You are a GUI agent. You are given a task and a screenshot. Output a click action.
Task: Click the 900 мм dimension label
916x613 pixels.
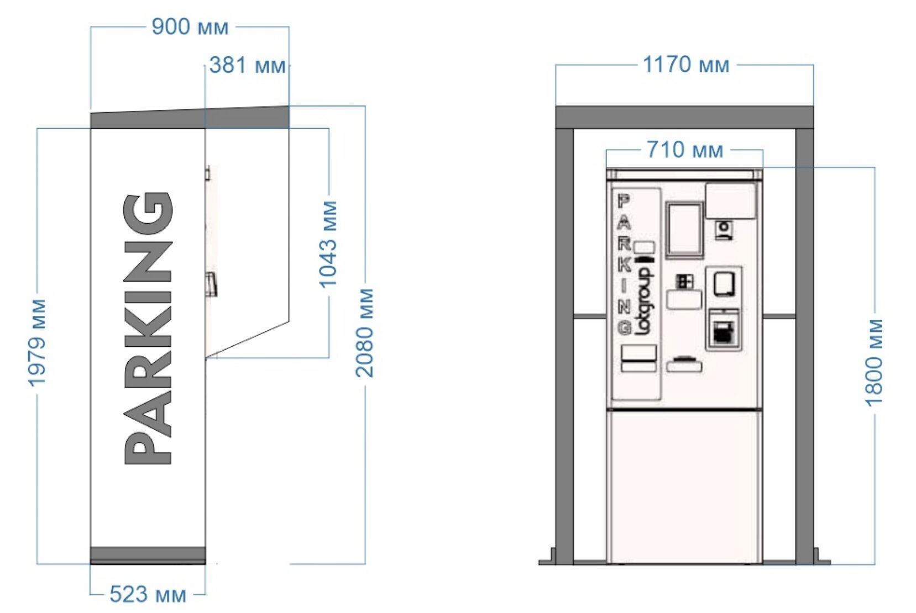(x=190, y=27)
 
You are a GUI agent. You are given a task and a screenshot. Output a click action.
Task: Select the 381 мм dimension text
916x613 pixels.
(x=248, y=65)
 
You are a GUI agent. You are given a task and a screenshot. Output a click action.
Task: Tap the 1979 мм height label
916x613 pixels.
(x=37, y=343)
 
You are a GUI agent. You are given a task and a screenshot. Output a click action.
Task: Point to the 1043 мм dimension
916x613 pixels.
(x=328, y=245)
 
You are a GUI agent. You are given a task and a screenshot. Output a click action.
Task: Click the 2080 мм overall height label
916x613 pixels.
(x=364, y=333)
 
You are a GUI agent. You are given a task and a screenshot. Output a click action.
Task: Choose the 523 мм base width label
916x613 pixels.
(x=148, y=595)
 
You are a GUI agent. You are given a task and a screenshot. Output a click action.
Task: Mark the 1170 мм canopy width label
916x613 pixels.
(x=686, y=65)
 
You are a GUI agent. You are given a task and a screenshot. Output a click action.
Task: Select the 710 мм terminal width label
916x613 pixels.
(x=685, y=150)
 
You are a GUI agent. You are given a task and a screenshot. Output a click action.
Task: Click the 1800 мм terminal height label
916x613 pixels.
(x=875, y=363)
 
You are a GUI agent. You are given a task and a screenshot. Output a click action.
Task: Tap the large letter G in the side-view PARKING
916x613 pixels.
(x=148, y=213)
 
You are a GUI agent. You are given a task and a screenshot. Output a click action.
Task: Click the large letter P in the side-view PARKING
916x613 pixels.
(x=148, y=448)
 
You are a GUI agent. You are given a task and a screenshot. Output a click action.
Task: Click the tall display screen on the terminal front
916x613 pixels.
(x=684, y=230)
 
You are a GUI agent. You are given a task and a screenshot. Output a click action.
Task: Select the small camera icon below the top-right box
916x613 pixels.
(x=724, y=230)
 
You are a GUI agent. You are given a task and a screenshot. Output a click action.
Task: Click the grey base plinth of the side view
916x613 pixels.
(x=148, y=556)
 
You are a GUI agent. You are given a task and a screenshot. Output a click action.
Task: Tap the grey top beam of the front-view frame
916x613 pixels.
(x=684, y=117)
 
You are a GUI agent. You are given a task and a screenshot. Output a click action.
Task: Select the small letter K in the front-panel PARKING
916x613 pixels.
(x=624, y=266)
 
